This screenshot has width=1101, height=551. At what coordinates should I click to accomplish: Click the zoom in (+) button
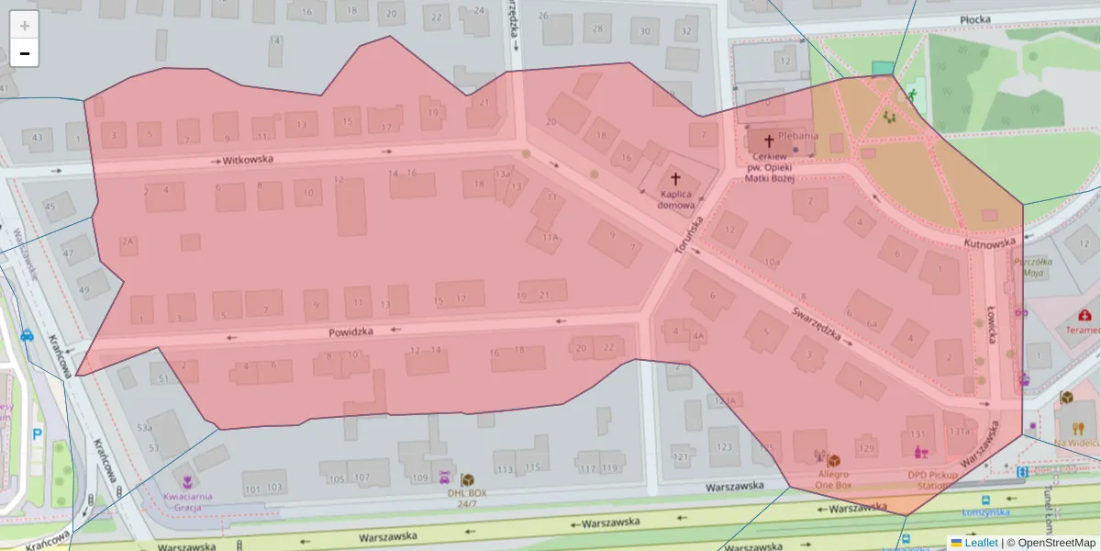25,26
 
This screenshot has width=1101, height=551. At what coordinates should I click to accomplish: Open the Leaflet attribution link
980,543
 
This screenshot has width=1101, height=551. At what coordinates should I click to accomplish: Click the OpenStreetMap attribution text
1055,543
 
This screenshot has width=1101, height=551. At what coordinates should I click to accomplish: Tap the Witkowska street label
248,160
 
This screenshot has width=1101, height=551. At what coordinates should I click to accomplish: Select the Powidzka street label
350,332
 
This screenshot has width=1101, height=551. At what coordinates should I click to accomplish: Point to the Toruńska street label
689,234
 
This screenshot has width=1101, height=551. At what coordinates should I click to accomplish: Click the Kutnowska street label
990,243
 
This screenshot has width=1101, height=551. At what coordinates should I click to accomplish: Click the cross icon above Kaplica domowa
676,179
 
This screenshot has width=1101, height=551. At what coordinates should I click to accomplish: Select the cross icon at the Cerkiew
768,141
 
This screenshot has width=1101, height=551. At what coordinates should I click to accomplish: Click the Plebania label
797,135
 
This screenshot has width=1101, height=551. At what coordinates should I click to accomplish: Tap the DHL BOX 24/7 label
467,498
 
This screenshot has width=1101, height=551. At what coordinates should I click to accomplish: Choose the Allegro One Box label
834,479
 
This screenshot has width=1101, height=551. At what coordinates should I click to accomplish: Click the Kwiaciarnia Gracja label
187,501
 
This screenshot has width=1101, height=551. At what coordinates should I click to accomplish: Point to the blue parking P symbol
37,434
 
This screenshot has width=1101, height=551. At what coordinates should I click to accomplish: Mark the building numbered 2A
128,242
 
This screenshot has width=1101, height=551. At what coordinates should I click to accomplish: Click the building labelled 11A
550,236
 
